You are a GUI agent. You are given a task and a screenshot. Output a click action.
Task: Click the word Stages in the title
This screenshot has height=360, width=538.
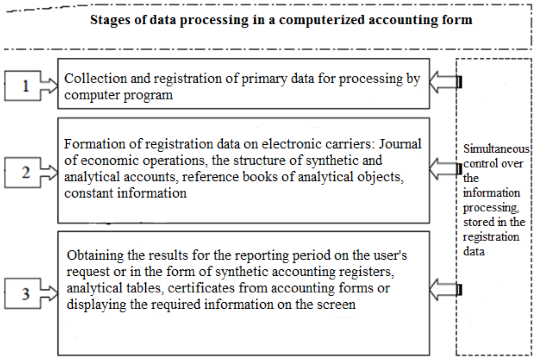(x=110, y=20)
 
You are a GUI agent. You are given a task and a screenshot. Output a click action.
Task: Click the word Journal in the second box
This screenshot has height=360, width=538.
(x=400, y=144)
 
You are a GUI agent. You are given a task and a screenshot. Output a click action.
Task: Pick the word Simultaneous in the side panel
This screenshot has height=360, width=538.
(x=496, y=149)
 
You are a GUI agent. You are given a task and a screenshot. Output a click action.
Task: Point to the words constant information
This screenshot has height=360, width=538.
(x=125, y=193)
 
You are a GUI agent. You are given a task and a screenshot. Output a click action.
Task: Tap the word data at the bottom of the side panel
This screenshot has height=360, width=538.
(x=474, y=251)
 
